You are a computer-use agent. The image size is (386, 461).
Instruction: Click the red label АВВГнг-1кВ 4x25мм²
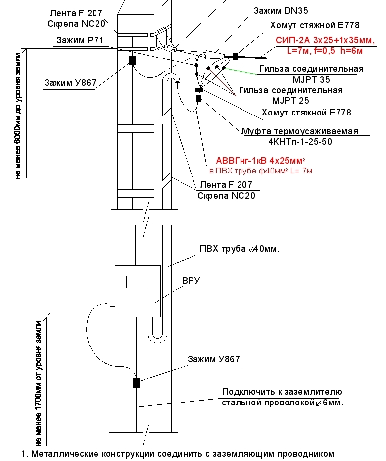point(260,161)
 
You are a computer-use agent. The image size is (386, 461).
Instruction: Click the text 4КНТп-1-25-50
point(299,142)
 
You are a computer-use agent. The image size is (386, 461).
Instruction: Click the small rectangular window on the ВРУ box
point(137,282)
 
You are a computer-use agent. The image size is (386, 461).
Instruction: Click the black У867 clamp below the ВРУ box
point(136,383)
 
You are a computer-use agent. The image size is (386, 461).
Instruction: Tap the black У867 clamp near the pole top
point(132,60)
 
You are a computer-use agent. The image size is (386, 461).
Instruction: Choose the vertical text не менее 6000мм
point(19,114)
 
